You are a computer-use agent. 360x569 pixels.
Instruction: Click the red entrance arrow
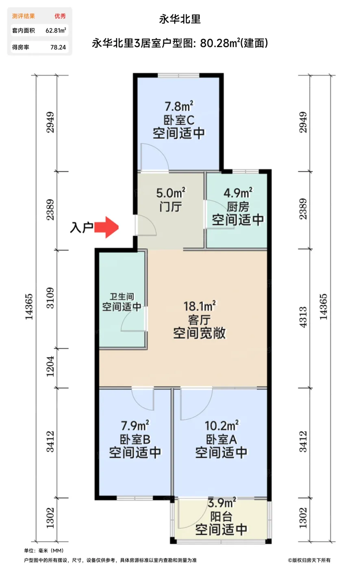106,227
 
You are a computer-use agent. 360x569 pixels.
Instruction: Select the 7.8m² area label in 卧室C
179,106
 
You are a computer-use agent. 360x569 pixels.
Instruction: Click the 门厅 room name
171,206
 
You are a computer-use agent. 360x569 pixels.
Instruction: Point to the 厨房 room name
238,206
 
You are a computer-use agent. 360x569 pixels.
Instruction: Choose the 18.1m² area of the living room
200,306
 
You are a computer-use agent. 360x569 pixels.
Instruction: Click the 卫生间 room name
121,297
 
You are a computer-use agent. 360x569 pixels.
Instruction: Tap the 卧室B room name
135,439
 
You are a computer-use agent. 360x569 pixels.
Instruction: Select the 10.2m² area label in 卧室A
221,426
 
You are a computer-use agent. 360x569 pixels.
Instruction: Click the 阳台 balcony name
221,517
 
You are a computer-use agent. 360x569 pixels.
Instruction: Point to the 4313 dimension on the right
303,317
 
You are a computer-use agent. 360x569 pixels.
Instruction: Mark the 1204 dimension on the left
50,367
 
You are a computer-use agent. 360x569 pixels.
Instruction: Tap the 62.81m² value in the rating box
56,30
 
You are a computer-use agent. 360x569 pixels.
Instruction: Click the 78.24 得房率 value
58,47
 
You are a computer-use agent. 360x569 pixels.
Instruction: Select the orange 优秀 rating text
60,16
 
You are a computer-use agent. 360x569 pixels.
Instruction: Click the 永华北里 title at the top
180,19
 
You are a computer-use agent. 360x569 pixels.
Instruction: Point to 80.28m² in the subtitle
219,43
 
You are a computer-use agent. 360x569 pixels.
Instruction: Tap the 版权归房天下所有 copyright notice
309,560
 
